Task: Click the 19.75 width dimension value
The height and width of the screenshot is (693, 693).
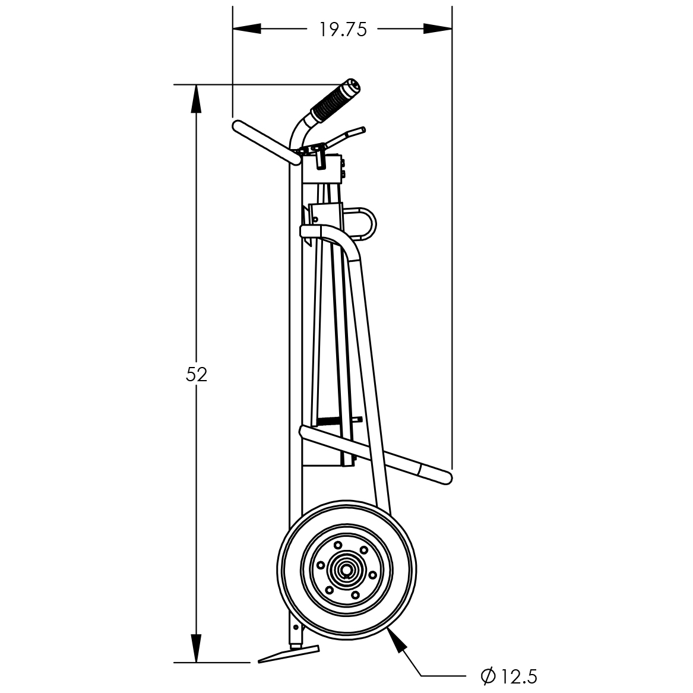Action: (343, 30)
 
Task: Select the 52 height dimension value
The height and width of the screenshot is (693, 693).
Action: (196, 374)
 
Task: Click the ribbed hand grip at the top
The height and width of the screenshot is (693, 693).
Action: (335, 102)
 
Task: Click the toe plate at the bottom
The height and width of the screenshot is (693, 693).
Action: (288, 654)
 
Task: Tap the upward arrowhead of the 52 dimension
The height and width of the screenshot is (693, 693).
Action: (196, 99)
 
